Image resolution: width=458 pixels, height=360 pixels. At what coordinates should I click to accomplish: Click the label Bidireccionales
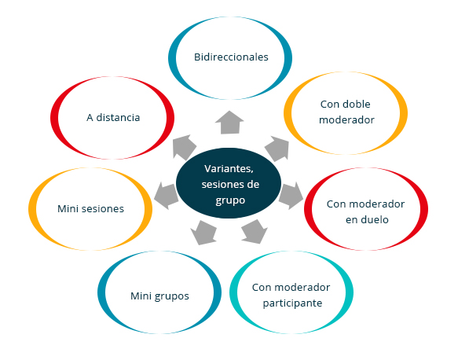tap(231, 57)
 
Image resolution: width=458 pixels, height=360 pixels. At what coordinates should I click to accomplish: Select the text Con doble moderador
tap(346, 112)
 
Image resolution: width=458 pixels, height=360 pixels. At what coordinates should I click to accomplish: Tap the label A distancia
tap(113, 117)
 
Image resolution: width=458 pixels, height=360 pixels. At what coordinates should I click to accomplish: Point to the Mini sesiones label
tap(90, 208)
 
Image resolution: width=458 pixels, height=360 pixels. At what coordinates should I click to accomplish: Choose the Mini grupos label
tap(159, 296)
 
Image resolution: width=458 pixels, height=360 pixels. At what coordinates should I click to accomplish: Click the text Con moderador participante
tap(291, 296)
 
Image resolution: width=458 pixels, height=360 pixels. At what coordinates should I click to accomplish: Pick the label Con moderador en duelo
tap(366, 212)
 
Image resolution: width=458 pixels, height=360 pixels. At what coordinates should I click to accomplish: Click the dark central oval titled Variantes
tap(229, 183)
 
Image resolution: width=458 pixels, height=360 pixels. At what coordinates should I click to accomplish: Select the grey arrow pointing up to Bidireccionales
tap(229, 123)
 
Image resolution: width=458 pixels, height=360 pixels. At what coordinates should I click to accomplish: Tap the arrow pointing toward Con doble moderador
tap(278, 148)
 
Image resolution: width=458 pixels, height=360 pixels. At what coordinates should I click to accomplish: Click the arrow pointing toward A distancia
tap(184, 147)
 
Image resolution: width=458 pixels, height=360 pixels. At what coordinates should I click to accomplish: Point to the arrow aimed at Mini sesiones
tap(166, 196)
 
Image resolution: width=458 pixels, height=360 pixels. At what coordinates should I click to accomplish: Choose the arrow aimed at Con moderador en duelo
tap(291, 196)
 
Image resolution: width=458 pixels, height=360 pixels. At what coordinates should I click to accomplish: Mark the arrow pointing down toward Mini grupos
tap(203, 233)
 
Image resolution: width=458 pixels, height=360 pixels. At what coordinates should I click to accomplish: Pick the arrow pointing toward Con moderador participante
tap(255, 232)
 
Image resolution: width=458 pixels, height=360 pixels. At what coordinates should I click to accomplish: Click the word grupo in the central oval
tap(230, 200)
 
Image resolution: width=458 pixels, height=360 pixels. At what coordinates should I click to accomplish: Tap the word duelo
tap(375, 220)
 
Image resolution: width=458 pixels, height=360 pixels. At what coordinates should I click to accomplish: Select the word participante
tap(292, 303)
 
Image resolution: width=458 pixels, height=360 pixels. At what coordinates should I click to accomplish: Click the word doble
tap(357, 104)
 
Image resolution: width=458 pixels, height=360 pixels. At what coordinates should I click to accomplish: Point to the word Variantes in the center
tap(229, 169)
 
